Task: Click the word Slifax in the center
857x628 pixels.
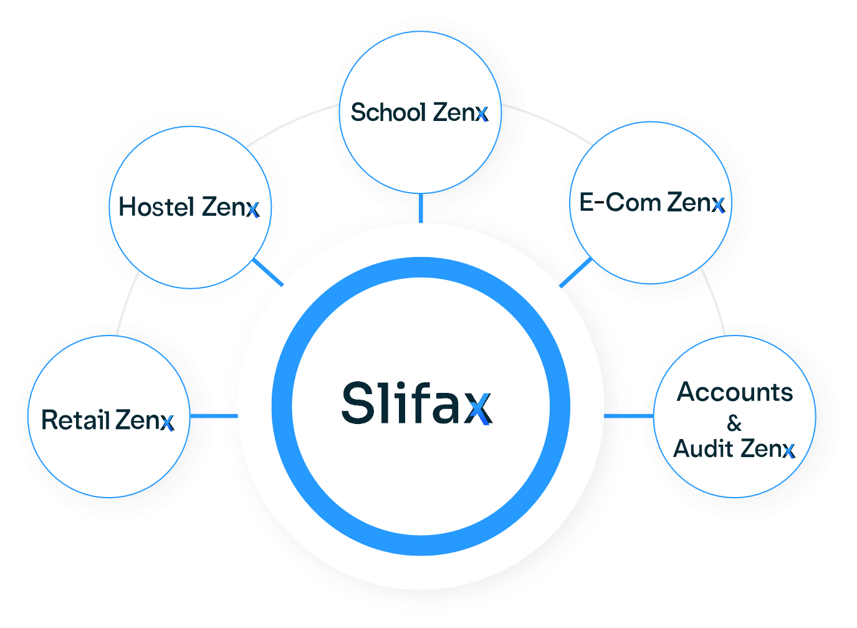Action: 416,403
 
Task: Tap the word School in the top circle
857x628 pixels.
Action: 388,113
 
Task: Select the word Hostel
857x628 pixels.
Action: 156,207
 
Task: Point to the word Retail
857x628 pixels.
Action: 75,420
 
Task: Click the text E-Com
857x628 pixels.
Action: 620,203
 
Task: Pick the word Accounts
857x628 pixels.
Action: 735,392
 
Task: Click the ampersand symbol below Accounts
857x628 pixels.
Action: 734,423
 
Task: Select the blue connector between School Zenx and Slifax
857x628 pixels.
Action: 421,208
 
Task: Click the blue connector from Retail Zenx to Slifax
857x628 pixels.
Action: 214,416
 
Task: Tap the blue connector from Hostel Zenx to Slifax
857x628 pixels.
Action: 269,273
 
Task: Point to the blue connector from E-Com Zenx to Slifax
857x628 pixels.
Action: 575,273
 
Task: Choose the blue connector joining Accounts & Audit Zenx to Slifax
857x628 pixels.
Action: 628,416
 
